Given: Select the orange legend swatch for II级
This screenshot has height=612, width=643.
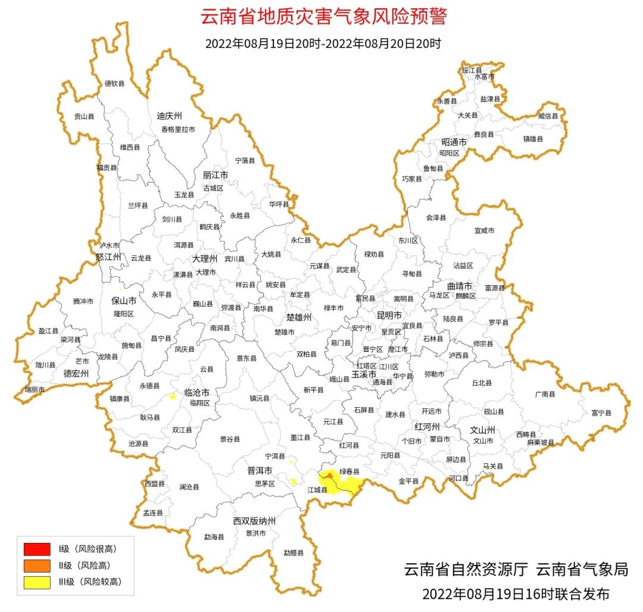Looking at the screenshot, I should tap(36, 566).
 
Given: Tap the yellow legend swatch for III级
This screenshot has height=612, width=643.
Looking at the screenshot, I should tap(36, 582).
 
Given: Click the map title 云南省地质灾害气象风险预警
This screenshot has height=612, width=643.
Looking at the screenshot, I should tap(323, 17).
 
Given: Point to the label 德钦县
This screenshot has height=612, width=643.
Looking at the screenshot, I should tap(114, 84).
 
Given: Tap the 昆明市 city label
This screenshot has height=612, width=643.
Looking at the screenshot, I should tap(389, 314).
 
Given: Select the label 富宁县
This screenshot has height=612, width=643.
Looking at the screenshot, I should tap(601, 412).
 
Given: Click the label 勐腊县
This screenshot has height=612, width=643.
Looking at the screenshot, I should tap(293, 552).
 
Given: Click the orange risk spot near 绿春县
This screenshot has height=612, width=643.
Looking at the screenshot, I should tap(330, 476).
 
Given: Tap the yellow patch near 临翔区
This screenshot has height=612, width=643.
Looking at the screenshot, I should tap(173, 396).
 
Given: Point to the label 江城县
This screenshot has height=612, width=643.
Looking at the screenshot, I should tap(317, 489).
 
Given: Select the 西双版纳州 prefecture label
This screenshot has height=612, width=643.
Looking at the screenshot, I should tap(254, 520).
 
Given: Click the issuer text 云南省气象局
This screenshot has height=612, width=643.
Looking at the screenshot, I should tap(582, 569).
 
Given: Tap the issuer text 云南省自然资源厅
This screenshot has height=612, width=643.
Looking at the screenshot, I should tap(466, 569).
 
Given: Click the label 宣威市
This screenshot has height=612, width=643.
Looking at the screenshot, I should tap(484, 230).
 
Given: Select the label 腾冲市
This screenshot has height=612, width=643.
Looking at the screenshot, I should tap(83, 301).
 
